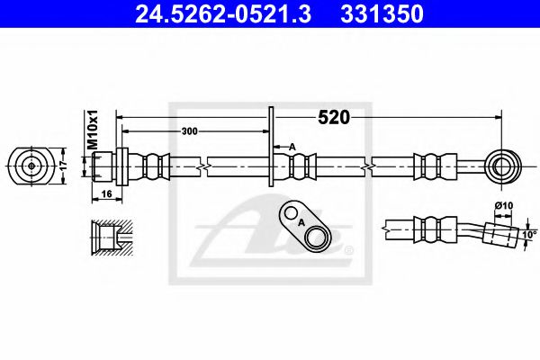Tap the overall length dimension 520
point(332,117)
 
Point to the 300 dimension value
point(189,131)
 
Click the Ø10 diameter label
point(505,206)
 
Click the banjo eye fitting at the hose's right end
point(501,166)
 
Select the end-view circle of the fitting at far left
point(31,166)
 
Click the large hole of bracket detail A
point(316,238)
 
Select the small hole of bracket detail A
point(291,214)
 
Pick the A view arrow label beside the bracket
point(292,145)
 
